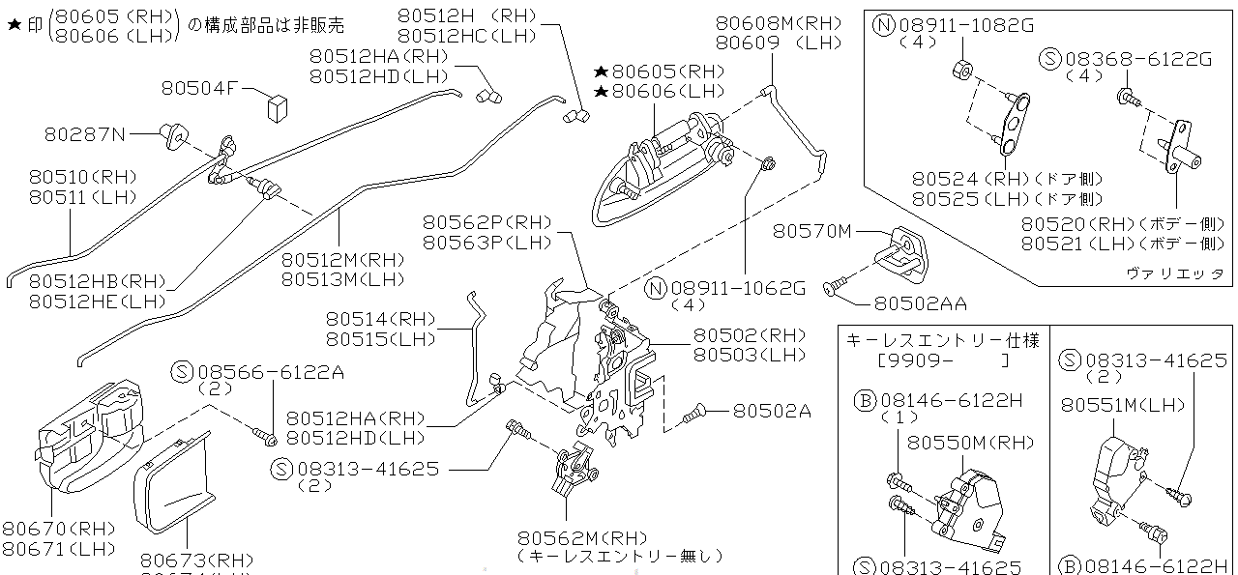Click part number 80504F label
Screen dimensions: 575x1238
pos(199,89)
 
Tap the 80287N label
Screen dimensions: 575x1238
pos(85,134)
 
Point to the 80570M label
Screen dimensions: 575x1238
pos(812,231)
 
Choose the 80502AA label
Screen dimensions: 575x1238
pos(920,303)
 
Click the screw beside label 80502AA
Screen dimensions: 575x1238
pos(835,285)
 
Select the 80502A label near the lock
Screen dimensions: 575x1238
pos(771,410)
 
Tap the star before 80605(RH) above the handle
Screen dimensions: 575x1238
pos(601,72)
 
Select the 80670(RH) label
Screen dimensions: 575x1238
pos(58,529)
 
